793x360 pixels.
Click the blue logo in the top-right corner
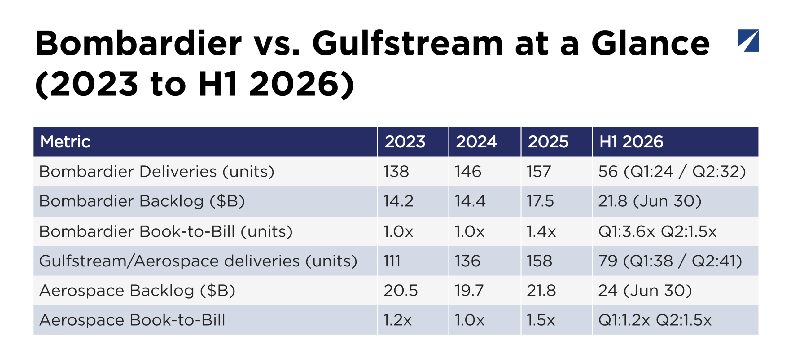748,41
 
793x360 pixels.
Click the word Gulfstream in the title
407,43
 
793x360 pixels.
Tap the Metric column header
65,142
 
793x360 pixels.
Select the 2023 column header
405,142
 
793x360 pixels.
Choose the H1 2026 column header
631,142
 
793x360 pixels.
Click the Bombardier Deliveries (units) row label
157,172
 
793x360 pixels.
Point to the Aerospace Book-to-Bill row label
132,320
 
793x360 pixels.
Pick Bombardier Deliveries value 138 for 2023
396,172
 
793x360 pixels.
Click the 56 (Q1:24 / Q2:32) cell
672,172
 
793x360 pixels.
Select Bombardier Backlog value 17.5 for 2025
540,201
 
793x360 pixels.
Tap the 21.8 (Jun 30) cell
650,201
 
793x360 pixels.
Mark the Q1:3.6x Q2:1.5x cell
657,231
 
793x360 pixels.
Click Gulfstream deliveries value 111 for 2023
392,261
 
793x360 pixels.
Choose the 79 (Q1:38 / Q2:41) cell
670,261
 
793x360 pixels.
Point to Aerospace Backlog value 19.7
469,291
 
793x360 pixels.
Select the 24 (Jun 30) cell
645,291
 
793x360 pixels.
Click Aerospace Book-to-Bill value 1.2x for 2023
397,320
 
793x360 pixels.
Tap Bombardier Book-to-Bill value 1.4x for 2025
541,231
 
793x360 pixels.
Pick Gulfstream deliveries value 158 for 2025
539,261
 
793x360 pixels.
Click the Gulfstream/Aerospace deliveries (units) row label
198,261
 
